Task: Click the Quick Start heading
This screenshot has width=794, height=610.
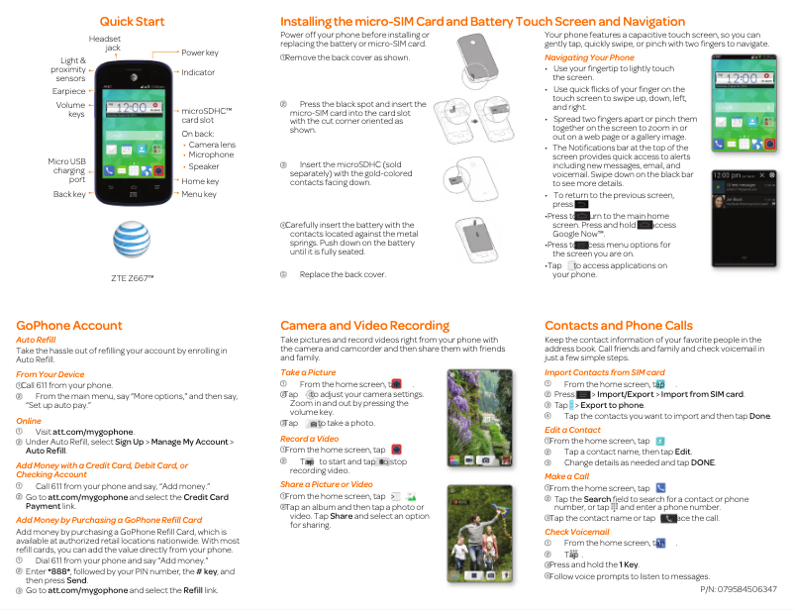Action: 132,22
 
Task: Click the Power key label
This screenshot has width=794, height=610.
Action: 200,52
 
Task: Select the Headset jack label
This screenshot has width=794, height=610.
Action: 105,43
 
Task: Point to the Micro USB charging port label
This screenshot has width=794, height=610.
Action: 66,170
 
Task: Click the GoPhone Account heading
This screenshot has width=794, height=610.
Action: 69,325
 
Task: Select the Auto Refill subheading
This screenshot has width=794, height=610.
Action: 36,340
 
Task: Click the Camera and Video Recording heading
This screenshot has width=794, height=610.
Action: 364,325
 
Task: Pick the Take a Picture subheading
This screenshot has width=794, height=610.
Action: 308,372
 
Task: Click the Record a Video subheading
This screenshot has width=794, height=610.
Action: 310,439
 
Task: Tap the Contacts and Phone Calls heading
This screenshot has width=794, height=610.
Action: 619,325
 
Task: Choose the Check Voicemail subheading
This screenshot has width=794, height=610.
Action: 577,532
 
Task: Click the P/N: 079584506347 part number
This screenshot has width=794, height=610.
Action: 738,589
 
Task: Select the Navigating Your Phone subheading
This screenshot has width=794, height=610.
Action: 589,57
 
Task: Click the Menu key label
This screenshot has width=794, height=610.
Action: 199,194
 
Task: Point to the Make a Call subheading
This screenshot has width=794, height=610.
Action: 566,476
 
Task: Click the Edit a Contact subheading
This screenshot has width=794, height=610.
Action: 572,430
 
